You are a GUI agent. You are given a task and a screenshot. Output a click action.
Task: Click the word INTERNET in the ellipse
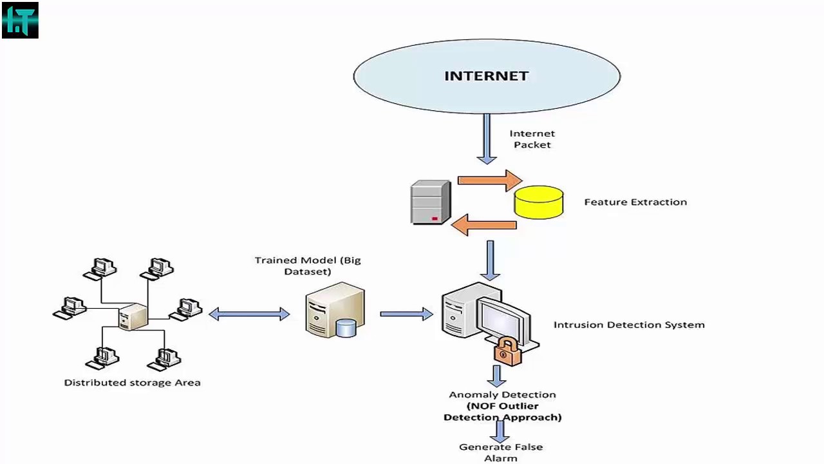pos(486,76)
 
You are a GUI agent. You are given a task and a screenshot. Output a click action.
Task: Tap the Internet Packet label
pos(532,139)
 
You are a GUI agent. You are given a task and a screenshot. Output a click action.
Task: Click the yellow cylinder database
pos(539,201)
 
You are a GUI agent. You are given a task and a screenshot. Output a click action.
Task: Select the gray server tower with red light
pos(430,202)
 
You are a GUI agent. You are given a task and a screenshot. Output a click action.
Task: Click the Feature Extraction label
pos(635,202)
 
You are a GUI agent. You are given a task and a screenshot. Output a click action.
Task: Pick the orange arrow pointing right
pos(489,180)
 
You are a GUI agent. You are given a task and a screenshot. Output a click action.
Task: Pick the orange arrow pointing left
pos(483,225)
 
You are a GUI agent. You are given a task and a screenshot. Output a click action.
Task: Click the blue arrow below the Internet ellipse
pos(487,139)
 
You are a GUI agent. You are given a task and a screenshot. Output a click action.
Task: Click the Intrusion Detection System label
pos(628,325)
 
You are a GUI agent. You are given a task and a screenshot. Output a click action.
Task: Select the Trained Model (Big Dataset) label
pos(308,266)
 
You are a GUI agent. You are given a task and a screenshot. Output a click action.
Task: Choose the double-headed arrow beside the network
pos(249,314)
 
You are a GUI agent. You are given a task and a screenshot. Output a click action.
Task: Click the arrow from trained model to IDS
pos(406,314)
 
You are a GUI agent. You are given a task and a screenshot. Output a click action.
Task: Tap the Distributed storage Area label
pos(132,382)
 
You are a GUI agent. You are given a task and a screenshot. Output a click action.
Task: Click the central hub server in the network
pos(133,316)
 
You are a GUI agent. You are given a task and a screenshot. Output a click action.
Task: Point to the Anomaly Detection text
pos(502,394)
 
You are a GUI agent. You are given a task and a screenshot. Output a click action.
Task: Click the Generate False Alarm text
pos(500,452)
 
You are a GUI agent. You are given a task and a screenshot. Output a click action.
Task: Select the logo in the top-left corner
pos(20,20)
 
